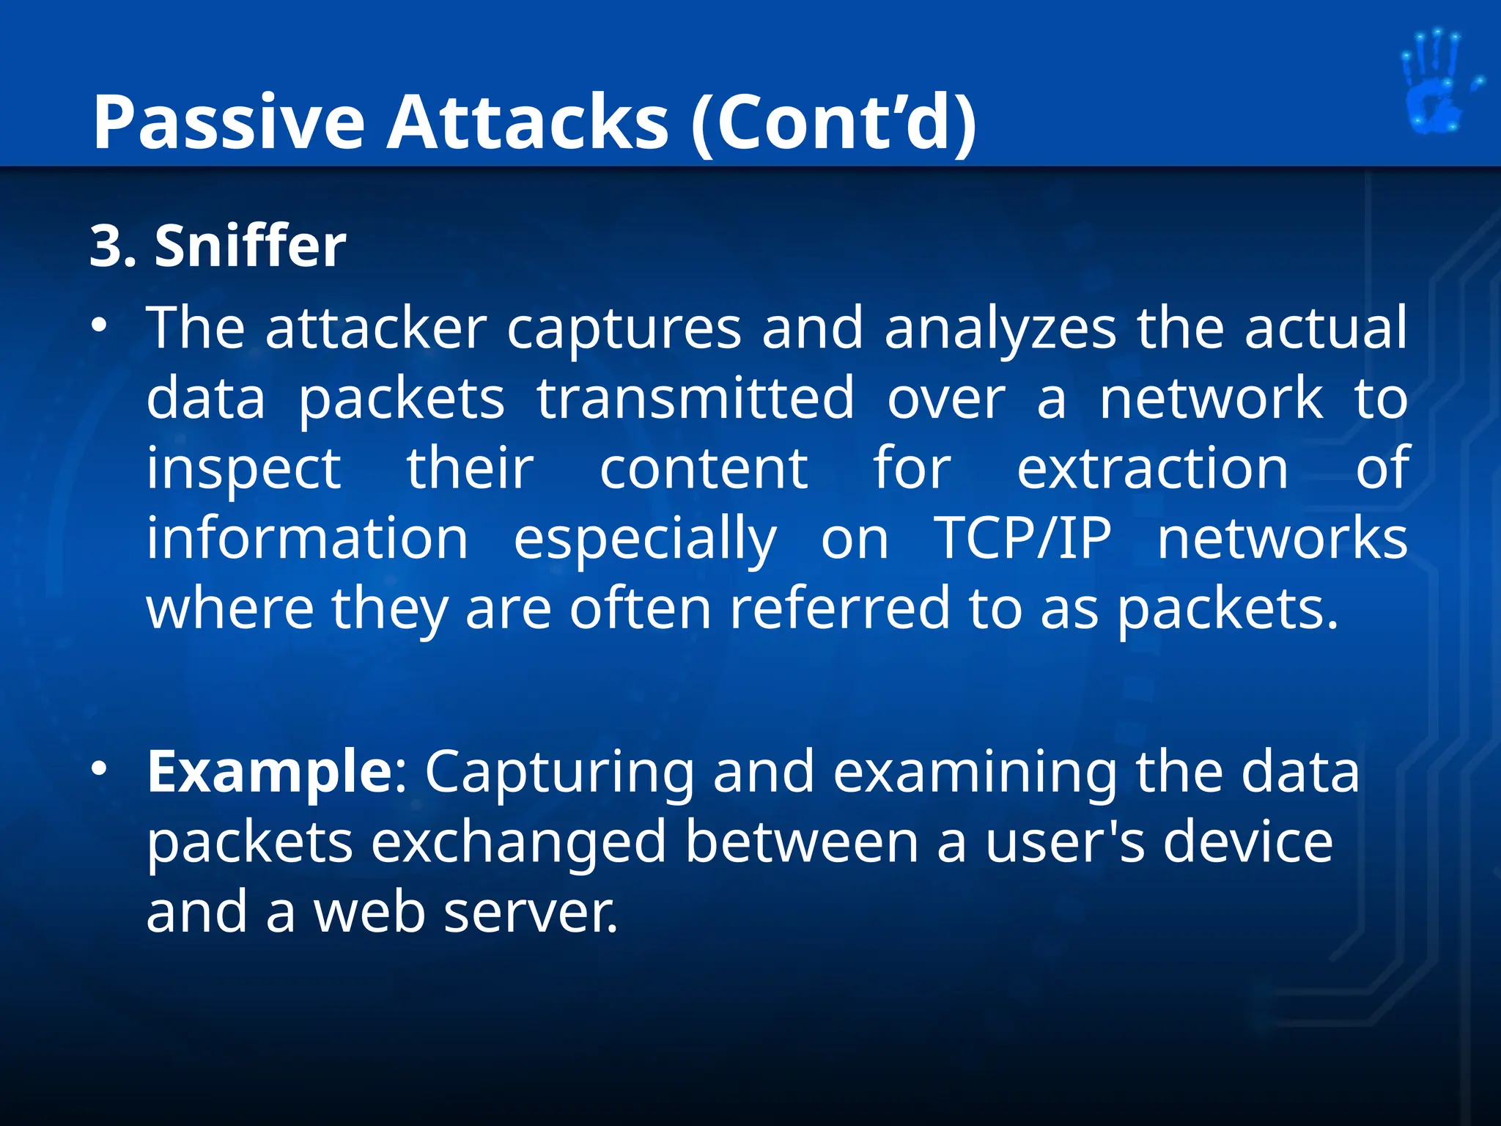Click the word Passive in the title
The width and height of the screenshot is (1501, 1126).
pos(228,122)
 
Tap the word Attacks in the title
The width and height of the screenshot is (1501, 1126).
pos(527,122)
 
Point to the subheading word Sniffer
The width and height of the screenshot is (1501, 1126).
pos(250,246)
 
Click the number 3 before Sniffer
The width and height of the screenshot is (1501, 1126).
pos(104,246)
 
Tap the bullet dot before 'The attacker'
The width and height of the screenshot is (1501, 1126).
pos(100,325)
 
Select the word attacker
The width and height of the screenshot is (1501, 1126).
pos(376,328)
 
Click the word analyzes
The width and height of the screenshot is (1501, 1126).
pos(1000,330)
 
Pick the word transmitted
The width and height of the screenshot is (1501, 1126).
pos(696,399)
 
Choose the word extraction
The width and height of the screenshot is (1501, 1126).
pos(1152,469)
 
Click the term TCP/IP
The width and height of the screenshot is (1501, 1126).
pos(1022,539)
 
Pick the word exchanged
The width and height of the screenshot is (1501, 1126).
pos(519,843)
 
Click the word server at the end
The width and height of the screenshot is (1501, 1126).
pos(531,913)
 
